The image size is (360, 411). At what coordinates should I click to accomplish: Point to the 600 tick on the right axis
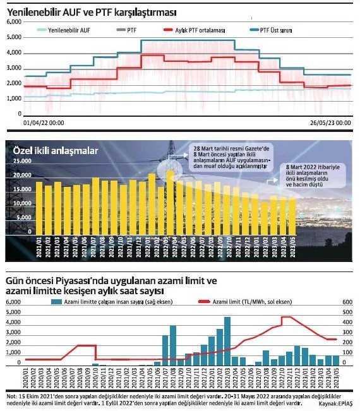pos(347,303)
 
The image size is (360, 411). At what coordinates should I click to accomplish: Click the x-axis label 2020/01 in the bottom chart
pos(25,378)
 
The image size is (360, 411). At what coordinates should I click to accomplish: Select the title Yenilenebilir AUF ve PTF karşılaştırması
pos(92,11)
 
